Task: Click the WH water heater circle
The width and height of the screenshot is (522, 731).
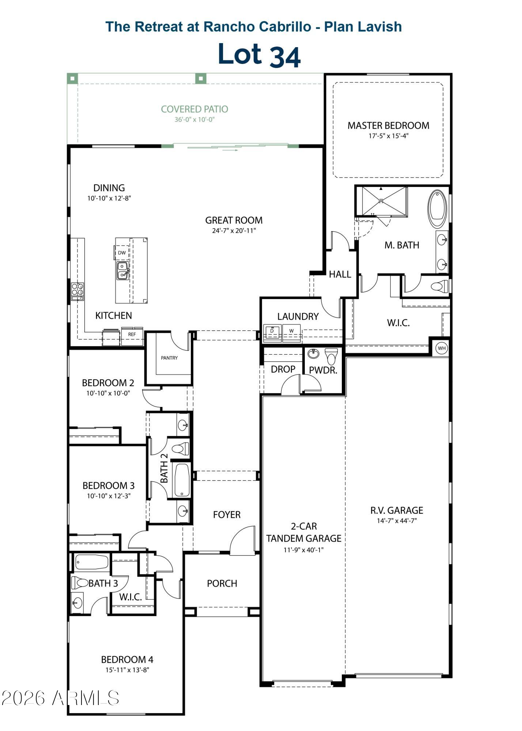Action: click(442, 348)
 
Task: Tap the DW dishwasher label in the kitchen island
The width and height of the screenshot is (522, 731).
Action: click(122, 253)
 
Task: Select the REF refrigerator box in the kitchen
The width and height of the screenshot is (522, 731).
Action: click(132, 334)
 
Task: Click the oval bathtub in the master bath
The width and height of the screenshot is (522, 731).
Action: click(437, 209)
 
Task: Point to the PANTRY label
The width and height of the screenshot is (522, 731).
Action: click(169, 358)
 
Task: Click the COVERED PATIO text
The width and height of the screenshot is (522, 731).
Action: click(194, 109)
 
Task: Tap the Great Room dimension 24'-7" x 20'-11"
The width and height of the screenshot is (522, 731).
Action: click(234, 231)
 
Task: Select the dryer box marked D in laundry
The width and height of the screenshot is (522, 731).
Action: click(272, 331)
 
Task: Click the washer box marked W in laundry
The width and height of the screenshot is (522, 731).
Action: click(291, 331)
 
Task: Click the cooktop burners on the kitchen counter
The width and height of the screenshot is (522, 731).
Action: click(77, 289)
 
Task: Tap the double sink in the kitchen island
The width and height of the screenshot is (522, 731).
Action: click(122, 271)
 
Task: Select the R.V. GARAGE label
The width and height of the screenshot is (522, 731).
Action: click(397, 510)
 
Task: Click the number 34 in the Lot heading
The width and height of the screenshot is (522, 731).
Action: click(285, 57)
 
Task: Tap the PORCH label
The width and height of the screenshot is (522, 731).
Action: click(222, 583)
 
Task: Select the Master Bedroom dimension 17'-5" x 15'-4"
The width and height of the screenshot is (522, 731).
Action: click(388, 136)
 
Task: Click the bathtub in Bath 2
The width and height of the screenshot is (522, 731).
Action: click(182, 480)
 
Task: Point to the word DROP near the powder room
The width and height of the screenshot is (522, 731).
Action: click(283, 369)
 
